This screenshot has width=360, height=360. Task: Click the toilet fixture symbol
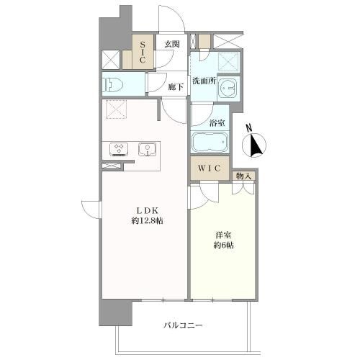(112, 84)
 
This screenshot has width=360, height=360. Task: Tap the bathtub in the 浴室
(210, 142)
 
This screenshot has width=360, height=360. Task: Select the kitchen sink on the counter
(147, 149)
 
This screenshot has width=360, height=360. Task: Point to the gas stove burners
(119, 149)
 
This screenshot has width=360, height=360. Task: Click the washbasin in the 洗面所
(228, 88)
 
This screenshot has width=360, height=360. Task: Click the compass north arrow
(254, 145)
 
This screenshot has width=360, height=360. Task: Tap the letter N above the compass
(249, 127)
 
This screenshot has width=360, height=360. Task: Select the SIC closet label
(143, 52)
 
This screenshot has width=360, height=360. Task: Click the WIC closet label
(210, 168)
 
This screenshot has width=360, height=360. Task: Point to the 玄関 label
(172, 44)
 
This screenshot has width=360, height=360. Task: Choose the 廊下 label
(176, 87)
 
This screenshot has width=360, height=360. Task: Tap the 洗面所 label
(204, 81)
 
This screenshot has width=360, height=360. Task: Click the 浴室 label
(217, 123)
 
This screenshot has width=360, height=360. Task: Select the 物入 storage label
(243, 176)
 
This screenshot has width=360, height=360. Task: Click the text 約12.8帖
(148, 221)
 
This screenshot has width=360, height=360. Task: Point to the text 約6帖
(223, 246)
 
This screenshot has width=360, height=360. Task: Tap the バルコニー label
(184, 325)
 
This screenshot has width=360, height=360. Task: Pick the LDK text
(148, 211)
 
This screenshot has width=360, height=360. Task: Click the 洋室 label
(223, 235)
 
